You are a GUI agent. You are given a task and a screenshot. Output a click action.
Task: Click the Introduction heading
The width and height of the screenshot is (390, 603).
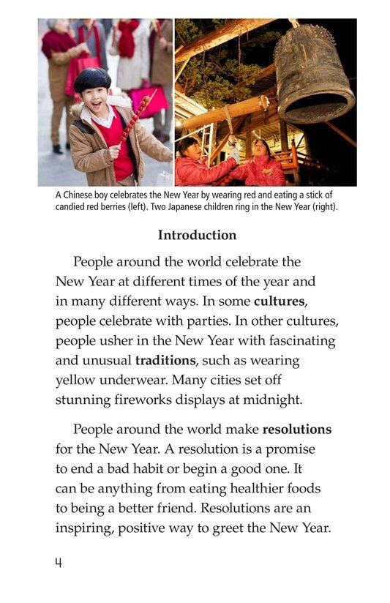(197, 236)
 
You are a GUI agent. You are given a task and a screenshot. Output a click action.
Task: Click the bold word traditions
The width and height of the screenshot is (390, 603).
(165, 361)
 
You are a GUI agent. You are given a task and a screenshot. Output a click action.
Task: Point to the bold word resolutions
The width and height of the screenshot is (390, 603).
(297, 430)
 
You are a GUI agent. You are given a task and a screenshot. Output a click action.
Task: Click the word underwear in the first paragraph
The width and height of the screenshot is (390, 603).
(139, 381)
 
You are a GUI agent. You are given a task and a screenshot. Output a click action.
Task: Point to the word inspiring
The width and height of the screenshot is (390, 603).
(86, 528)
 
